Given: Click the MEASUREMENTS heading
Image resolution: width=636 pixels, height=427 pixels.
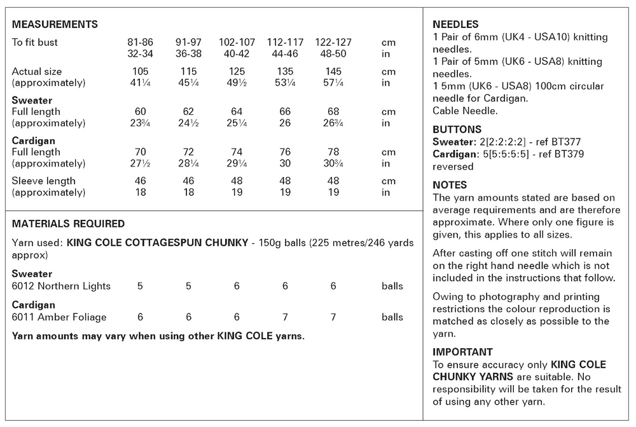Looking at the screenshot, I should pos(55,25).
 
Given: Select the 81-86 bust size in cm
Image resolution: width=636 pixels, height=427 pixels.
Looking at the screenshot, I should pos(140,43).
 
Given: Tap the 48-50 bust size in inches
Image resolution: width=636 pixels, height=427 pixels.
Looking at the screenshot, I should pos(333,54).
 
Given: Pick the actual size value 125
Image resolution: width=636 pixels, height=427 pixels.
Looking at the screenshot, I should pos(236,71).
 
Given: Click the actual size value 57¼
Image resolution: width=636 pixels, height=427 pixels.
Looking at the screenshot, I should pos(333,83).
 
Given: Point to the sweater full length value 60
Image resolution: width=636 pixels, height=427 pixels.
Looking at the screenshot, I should pos(140,112).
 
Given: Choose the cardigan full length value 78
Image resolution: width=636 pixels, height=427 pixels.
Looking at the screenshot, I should pos(333,152).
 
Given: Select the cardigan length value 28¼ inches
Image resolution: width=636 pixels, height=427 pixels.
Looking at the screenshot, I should pos(188,163).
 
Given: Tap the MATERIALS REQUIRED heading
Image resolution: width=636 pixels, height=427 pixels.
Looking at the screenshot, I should pos(68,224).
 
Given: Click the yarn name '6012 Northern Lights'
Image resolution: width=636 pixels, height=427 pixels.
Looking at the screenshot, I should pos(61,286).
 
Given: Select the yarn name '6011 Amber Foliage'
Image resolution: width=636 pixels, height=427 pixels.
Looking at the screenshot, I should pos(59,317).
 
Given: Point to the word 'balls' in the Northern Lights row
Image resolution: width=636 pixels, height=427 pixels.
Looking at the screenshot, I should pos(392,286).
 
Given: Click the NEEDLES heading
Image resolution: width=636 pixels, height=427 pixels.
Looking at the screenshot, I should pos(455,25).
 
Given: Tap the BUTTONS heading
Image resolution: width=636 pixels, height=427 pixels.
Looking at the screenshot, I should pos(457,130).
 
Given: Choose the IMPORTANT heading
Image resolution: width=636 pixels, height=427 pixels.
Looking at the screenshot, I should pos(462,352).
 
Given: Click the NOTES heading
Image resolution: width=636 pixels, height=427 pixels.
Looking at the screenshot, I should pos(450,186).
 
